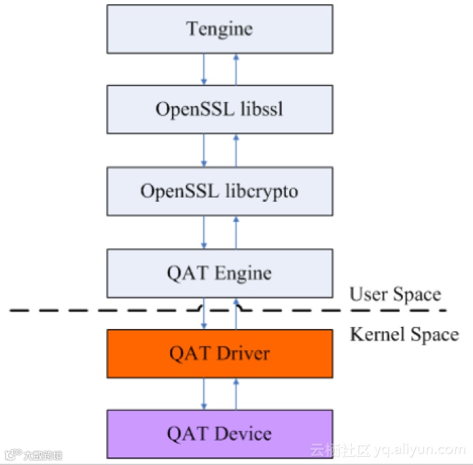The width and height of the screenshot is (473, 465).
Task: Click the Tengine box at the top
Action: click(219, 29)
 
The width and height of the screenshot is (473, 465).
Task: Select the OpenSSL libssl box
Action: click(219, 109)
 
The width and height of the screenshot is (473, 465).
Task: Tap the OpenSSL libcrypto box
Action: click(219, 191)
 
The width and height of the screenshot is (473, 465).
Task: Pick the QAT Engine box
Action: click(219, 273)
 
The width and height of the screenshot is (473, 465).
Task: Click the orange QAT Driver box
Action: click(219, 354)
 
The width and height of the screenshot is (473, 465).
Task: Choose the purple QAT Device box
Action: click(219, 434)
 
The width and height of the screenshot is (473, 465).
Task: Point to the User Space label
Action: click(395, 294)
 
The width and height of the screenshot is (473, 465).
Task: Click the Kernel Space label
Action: click(404, 334)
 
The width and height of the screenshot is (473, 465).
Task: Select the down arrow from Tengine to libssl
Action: click(203, 69)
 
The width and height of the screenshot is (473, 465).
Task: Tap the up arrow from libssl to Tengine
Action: click(235, 69)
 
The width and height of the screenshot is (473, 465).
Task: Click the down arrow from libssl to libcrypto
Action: click(203, 150)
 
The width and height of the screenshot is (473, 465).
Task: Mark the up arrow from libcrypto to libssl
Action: click(235, 150)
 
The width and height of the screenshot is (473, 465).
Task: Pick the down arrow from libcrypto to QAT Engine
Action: click(203, 232)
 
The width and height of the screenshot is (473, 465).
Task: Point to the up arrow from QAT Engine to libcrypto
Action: click(235, 232)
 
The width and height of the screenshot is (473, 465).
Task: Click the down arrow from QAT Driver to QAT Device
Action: click(203, 394)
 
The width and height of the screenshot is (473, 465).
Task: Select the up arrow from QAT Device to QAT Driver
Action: click(235, 394)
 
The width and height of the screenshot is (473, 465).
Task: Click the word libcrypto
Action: click(261, 192)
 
